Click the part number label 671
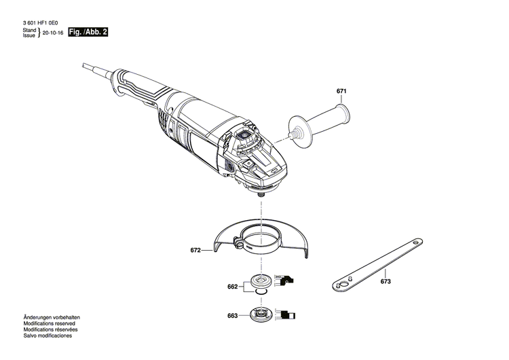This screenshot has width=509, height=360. (341, 90)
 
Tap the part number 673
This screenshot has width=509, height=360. (386, 281)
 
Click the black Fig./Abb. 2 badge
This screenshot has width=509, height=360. (88, 33)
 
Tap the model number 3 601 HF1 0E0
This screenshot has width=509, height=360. (41, 22)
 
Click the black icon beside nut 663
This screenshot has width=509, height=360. (288, 314)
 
